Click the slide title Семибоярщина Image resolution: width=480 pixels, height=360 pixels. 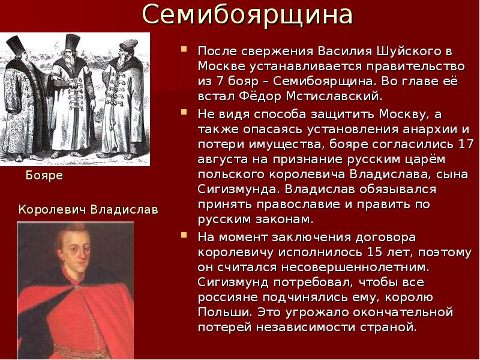click(248, 16)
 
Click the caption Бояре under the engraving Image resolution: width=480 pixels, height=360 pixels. click(44, 176)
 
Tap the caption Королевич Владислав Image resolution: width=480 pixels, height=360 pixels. click(88, 209)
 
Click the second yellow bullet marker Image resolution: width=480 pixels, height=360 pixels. click(185, 112)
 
